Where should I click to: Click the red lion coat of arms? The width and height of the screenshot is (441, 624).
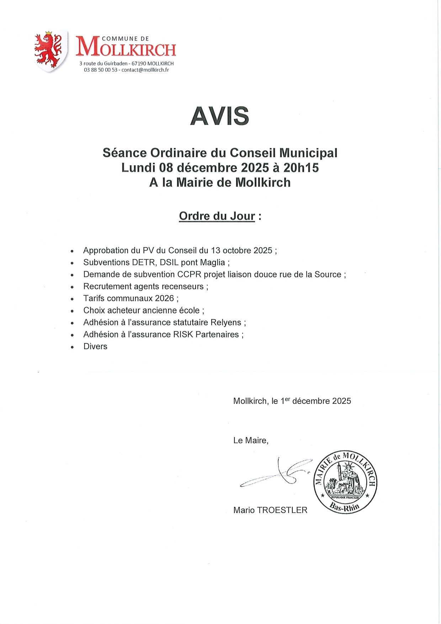coord(49,50)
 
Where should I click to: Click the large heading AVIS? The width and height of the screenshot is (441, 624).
coord(220,116)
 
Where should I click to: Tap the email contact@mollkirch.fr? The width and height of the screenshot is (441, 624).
coord(145,70)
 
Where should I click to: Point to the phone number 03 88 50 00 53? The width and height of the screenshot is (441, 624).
coord(100,70)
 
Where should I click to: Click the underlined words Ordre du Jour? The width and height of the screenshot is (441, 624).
coord(217,216)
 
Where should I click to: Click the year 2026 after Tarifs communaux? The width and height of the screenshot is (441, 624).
coord(164,298)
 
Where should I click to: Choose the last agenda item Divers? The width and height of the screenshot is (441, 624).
coord(95,347)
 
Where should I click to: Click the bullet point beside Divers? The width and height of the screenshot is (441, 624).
coord(72,347)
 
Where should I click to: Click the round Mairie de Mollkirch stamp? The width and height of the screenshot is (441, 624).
coord(345,482)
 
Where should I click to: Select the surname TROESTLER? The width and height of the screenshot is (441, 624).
coord(282,510)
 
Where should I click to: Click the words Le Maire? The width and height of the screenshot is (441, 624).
coord(250,441)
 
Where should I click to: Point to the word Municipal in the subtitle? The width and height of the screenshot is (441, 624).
coord(308,153)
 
